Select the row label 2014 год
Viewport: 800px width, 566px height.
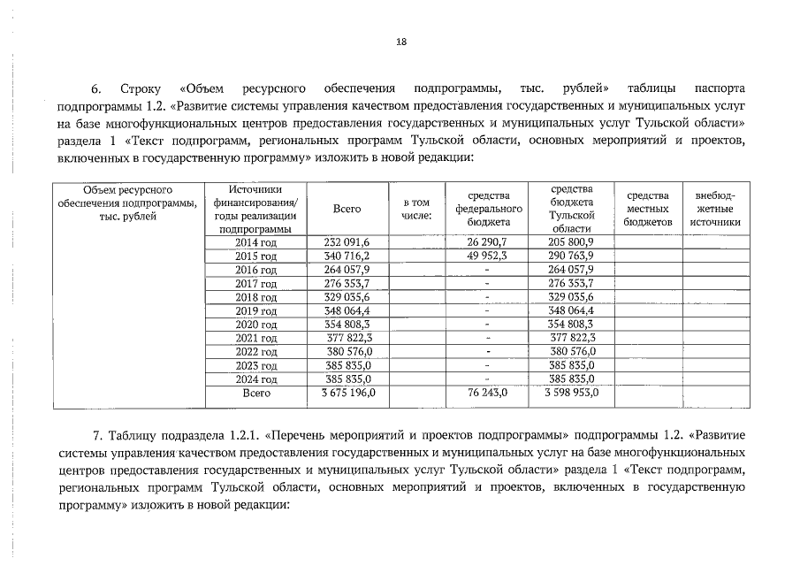pos(255,242)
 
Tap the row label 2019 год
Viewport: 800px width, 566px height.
pos(255,311)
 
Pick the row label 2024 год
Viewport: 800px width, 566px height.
pos(255,379)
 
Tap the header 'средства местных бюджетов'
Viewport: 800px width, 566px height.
pos(648,209)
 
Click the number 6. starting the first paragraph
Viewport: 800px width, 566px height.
pos(97,90)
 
